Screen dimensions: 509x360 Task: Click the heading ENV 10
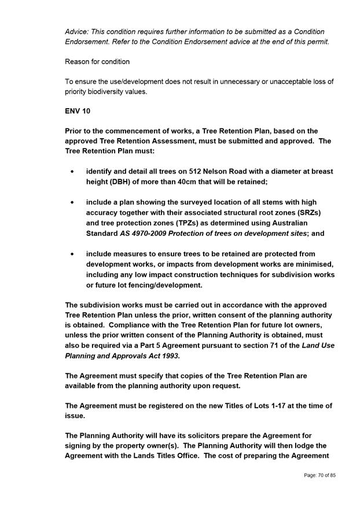[78, 110]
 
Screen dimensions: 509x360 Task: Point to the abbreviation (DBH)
[120, 182]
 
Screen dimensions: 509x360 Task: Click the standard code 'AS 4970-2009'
[145, 234]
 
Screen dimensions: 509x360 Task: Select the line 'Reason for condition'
[97, 61]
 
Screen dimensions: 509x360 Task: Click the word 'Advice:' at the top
[78, 31]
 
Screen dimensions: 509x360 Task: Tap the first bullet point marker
[72, 172]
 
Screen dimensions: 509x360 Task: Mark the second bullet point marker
[72, 202]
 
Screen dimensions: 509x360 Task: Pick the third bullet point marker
[72, 254]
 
